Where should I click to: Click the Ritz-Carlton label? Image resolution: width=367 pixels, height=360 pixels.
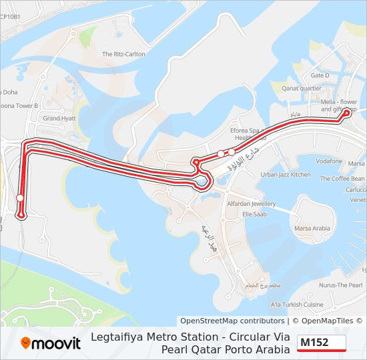123,54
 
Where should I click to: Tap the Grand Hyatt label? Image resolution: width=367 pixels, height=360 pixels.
59,118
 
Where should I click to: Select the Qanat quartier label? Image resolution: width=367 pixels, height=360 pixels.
301,88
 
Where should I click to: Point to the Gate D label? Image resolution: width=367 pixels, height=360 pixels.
320,75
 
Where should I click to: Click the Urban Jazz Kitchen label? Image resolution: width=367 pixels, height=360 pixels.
285,175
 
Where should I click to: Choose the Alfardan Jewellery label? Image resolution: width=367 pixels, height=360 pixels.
251,204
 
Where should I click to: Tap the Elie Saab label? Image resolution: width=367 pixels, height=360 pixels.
254,214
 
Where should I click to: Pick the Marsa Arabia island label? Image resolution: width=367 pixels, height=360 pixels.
312,229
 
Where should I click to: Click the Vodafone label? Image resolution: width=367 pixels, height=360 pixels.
329,161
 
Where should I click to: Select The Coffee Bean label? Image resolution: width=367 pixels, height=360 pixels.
342,179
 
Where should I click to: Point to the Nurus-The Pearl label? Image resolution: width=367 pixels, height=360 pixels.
340,285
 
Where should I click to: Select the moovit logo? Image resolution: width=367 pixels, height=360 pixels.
51,343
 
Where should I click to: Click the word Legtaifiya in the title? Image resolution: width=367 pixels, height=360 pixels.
190,337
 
